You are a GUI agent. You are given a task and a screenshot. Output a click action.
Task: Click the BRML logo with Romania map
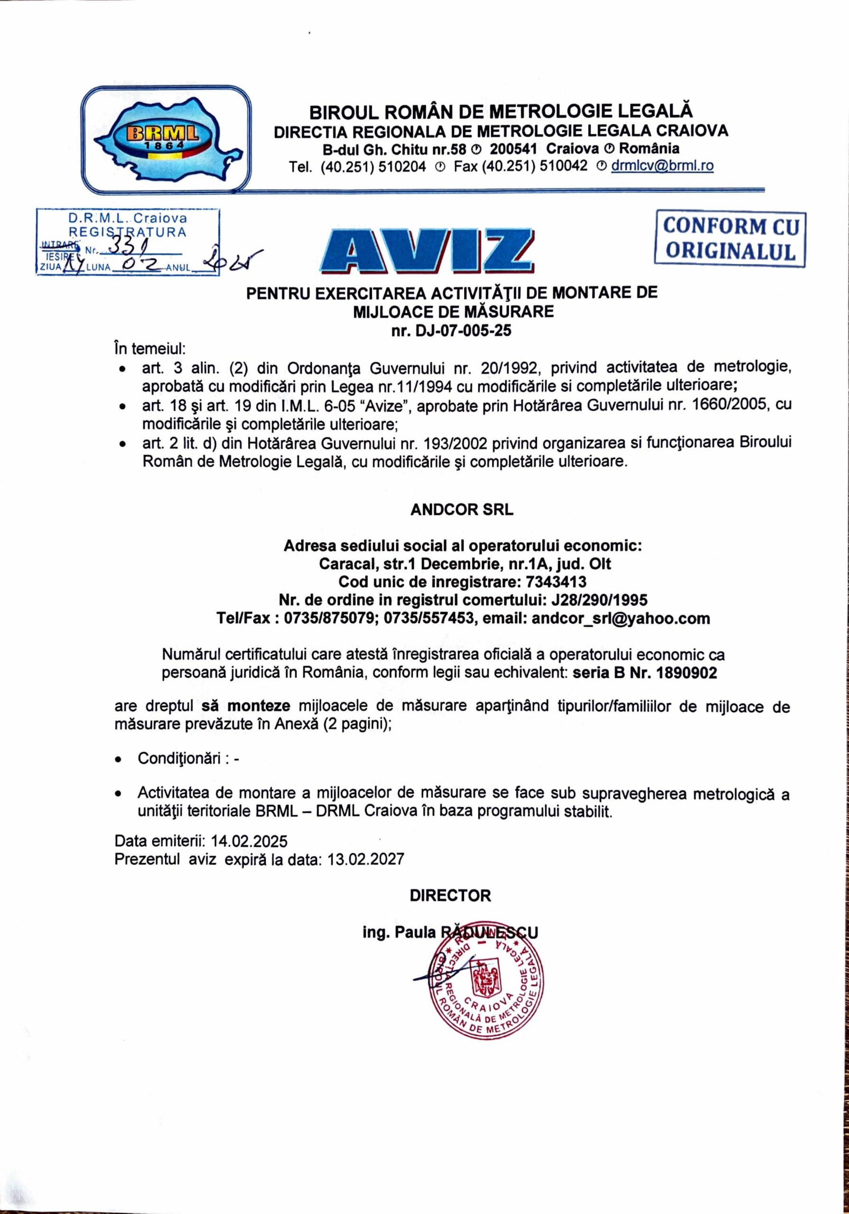pos(165,138)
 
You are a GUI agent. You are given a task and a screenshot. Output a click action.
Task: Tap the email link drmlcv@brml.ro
pos(662,166)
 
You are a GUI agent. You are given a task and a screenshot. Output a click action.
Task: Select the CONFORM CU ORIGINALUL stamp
pos(730,238)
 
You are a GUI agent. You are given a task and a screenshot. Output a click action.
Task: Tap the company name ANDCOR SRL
pos(462,510)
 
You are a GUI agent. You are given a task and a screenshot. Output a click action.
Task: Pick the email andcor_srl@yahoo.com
pos(621,619)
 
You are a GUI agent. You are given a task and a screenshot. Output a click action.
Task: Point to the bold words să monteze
pos(246,707)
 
